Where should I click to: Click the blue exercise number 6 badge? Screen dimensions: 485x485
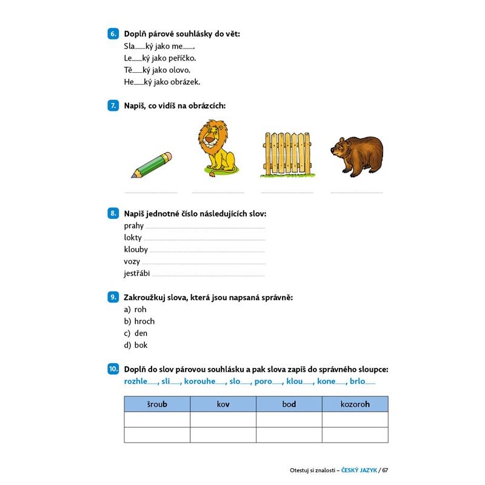tap(113, 34)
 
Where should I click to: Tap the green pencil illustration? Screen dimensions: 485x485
tap(152, 164)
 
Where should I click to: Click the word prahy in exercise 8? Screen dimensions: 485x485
tap(134, 226)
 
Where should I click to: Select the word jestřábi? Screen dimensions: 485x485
tap(137, 273)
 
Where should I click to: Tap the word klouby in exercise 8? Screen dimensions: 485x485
tap(136, 249)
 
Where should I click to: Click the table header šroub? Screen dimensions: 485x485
tap(157, 404)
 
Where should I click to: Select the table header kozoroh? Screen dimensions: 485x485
tap(355, 404)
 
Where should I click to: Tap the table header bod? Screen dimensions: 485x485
tap(289, 404)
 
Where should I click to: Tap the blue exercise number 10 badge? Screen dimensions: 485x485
tap(113, 369)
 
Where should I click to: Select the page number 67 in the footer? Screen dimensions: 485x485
tap(384, 470)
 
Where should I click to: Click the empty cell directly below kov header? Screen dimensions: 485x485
tap(223, 420)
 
